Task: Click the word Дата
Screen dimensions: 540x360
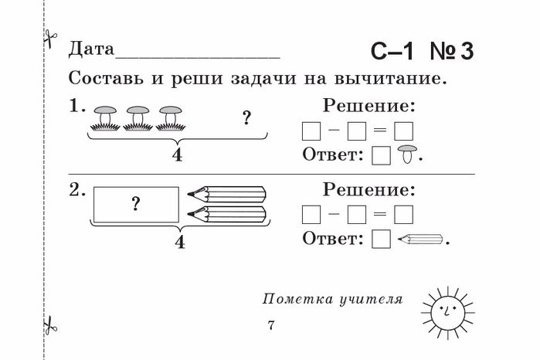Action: coord(91,49)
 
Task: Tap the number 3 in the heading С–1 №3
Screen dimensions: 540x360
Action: coord(467,52)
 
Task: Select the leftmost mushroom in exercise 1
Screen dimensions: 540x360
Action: coord(105,118)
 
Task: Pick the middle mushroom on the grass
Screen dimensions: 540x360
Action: coord(138,118)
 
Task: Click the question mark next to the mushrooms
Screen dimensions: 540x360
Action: coord(246,118)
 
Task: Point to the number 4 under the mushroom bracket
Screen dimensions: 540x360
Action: coord(177,155)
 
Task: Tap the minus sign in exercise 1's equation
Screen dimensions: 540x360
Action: coord(334,131)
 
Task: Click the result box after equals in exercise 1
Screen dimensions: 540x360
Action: coord(403,131)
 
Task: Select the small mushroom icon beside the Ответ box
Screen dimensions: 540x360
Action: coord(407,154)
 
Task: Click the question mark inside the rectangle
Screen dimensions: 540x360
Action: coord(137,204)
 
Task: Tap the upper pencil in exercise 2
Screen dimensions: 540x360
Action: coord(226,195)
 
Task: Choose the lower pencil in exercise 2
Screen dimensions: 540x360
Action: coord(226,214)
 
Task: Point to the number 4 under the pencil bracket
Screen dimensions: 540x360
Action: coord(180,242)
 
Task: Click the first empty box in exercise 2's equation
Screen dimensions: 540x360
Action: coord(311,215)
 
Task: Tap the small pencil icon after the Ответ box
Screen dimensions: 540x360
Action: coord(420,239)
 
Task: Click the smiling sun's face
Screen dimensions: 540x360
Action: coord(447,313)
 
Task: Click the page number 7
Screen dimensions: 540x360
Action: coord(271,325)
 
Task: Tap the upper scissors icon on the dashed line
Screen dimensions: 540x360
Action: coord(50,38)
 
